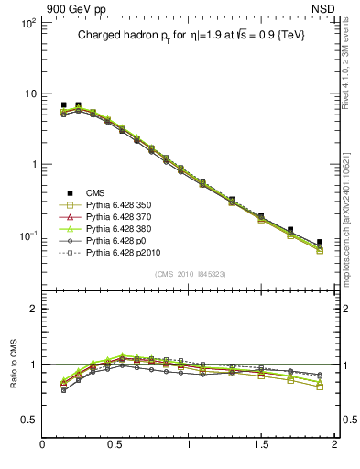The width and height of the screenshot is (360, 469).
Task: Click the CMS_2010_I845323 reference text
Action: (x=190, y=273)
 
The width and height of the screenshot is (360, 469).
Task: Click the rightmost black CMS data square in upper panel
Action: (x=320, y=243)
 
